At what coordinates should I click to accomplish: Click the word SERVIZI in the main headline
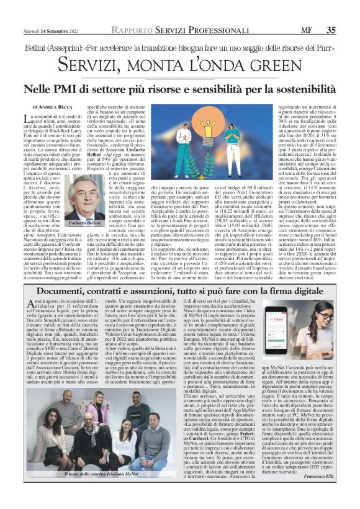coord(106,65)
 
